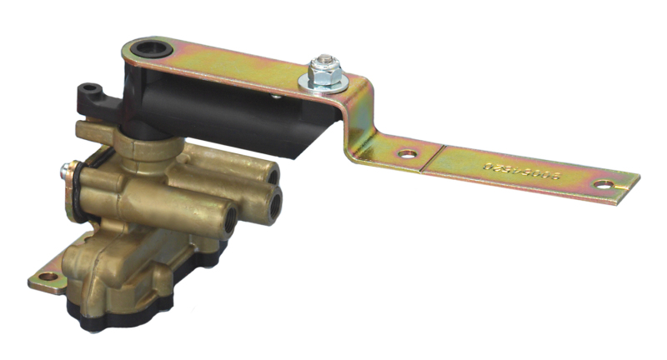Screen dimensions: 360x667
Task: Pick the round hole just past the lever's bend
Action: [x=406, y=155]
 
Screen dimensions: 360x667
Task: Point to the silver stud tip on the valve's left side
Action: [x=63, y=173]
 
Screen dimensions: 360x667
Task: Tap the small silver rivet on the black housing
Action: [x=274, y=97]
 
